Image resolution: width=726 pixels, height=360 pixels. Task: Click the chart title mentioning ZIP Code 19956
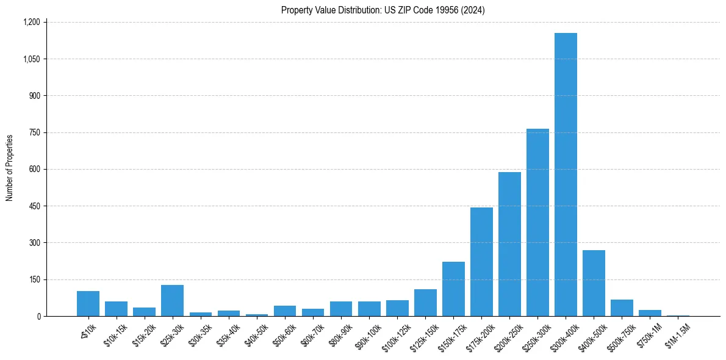[x=383, y=10]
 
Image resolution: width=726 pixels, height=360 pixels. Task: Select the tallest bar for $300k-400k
[x=566, y=175]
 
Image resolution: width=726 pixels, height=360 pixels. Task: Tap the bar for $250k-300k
[x=537, y=223]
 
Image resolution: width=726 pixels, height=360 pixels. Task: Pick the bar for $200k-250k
[x=509, y=244]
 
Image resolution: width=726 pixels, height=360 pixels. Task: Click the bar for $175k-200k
[x=481, y=262]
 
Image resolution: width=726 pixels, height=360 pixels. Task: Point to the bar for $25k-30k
[x=172, y=301]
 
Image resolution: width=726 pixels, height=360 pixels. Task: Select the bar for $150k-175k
[x=453, y=289]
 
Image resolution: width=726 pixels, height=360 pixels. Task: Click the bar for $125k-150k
[x=425, y=303]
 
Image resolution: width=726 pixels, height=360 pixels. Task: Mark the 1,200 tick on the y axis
[x=31, y=23]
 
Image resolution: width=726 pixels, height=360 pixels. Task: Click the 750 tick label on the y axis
[x=34, y=132]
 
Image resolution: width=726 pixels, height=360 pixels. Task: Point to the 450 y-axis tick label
[x=34, y=206]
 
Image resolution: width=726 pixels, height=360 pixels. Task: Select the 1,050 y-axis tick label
[x=31, y=59]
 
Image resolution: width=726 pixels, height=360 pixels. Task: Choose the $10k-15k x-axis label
[x=115, y=333]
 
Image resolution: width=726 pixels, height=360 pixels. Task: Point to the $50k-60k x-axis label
[x=284, y=333]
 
